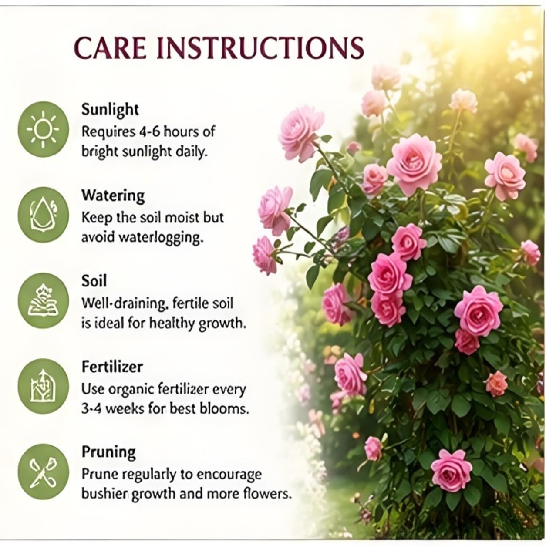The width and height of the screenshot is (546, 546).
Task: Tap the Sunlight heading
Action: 110,110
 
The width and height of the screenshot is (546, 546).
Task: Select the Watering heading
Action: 113,196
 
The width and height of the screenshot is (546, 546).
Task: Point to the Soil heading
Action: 94,281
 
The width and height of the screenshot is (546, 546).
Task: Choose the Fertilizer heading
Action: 112,367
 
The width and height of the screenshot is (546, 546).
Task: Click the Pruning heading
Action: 109,453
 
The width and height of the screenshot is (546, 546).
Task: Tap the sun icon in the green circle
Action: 43,129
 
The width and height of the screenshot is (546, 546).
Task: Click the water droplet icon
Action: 43,215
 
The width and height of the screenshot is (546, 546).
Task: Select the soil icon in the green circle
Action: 43,300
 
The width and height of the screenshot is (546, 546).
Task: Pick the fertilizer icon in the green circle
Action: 43,386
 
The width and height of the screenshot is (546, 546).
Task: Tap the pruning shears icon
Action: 43,472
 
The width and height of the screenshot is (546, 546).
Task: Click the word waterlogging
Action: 161,238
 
